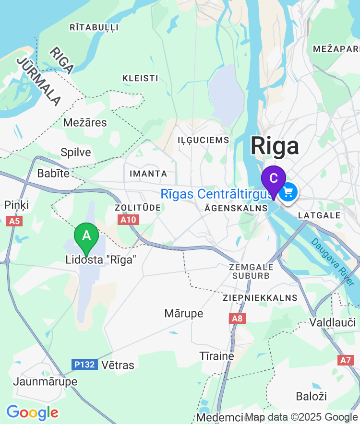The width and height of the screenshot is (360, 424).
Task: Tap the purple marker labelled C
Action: click(x=274, y=179)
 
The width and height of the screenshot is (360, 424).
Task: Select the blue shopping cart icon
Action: click(x=288, y=193)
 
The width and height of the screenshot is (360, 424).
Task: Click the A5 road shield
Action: click(x=14, y=221)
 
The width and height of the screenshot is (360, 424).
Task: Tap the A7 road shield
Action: click(x=345, y=360)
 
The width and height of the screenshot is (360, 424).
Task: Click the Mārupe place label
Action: click(x=184, y=314)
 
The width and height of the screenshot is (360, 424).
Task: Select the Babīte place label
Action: click(x=54, y=173)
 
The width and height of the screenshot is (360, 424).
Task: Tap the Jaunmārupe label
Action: click(x=45, y=382)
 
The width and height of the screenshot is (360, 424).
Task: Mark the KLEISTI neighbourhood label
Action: click(x=140, y=78)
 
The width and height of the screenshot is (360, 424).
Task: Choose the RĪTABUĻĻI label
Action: click(x=94, y=27)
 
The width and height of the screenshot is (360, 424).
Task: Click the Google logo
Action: click(x=32, y=412)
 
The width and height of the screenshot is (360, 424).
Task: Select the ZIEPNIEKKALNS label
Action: click(x=260, y=298)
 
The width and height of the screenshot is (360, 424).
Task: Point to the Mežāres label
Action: click(x=85, y=123)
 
